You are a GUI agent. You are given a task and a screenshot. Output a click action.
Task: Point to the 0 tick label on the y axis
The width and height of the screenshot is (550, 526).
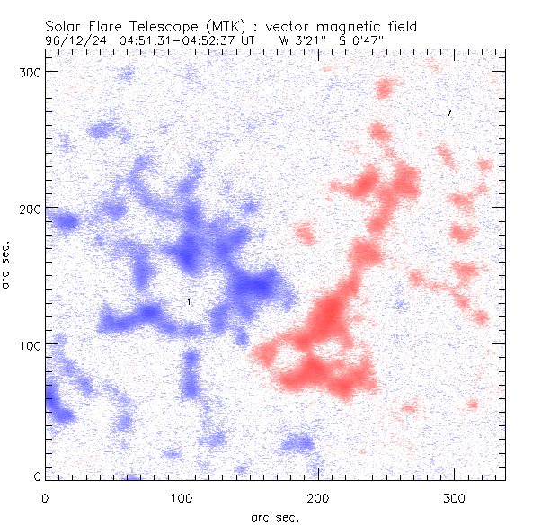point(37,477)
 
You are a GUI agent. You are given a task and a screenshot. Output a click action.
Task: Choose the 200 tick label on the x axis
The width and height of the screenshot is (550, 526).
point(318,497)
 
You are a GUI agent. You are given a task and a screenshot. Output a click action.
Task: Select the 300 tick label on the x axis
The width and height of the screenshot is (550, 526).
point(455,497)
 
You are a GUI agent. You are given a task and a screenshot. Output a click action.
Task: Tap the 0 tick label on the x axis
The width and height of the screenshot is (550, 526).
point(44,497)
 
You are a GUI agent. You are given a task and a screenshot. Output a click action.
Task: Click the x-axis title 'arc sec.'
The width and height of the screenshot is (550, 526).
point(274,516)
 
